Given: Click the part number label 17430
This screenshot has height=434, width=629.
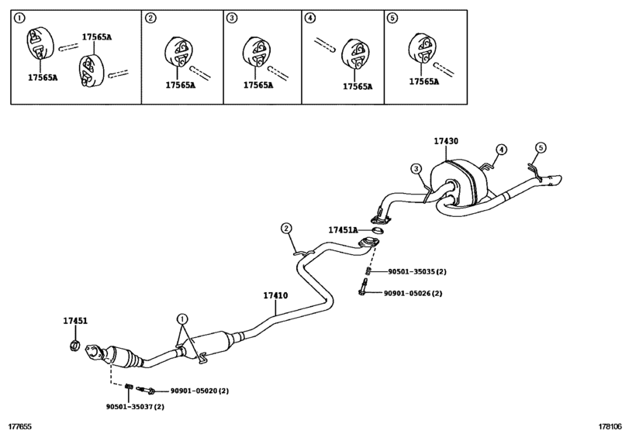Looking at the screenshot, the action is pyautogui.click(x=446, y=141).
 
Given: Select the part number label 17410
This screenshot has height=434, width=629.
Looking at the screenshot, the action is pyautogui.click(x=275, y=295).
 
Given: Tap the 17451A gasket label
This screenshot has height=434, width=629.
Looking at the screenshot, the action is pyautogui.click(x=343, y=230).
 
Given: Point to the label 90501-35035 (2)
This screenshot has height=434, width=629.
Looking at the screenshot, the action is pyautogui.click(x=417, y=271).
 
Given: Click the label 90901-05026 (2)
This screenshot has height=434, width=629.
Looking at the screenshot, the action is pyautogui.click(x=413, y=294).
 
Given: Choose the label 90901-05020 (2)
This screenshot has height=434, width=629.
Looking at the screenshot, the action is pyautogui.click(x=200, y=391).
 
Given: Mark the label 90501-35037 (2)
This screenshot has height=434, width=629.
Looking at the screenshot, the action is pyautogui.click(x=135, y=407).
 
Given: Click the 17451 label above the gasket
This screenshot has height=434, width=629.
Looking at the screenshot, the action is pyautogui.click(x=75, y=321).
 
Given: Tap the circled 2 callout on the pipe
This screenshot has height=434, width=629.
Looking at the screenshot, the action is pyautogui.click(x=286, y=229).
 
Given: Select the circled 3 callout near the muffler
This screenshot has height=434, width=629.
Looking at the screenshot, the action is pyautogui.click(x=416, y=168).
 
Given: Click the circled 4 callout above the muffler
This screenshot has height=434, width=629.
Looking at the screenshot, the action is pyautogui.click(x=501, y=150).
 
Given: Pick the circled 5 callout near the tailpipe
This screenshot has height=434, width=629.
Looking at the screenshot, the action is pyautogui.click(x=541, y=148).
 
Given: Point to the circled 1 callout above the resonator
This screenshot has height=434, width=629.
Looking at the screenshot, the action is pyautogui.click(x=182, y=319).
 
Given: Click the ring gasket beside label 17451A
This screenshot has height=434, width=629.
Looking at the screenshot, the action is pyautogui.click(x=378, y=230).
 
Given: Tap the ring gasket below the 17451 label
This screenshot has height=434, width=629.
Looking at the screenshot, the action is pyautogui.click(x=74, y=345).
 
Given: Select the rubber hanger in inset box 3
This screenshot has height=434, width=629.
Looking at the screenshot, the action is pyautogui.click(x=256, y=53).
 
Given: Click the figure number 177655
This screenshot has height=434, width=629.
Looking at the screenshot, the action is pyautogui.click(x=20, y=427).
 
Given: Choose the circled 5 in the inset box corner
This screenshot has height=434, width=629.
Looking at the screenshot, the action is pyautogui.click(x=392, y=18).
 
